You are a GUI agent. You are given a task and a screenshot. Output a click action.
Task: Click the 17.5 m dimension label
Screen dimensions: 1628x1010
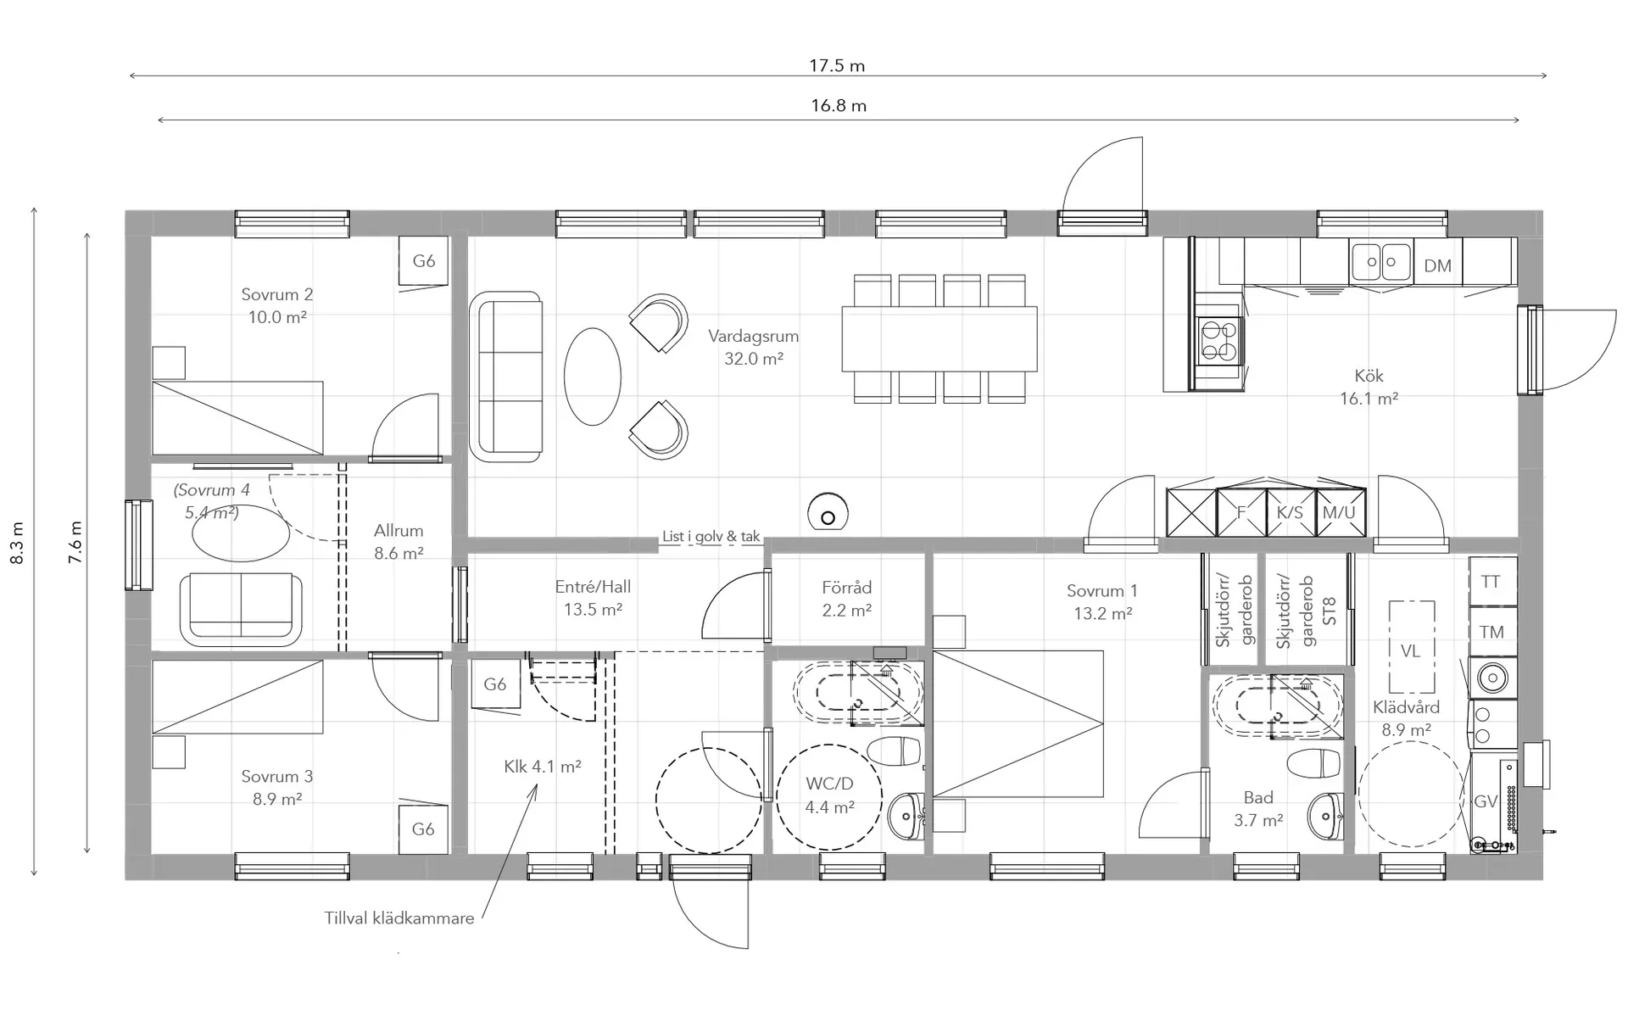point(836,65)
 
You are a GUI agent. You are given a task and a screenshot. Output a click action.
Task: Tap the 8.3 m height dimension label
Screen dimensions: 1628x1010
point(18,542)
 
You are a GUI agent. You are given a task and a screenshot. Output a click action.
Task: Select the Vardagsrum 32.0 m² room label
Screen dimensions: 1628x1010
point(754,347)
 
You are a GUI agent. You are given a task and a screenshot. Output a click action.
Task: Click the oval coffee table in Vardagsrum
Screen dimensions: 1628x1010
point(593,377)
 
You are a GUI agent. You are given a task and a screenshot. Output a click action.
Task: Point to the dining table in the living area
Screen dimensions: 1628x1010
point(939,339)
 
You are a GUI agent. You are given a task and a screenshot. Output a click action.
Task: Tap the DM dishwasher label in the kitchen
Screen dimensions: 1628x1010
point(1437,265)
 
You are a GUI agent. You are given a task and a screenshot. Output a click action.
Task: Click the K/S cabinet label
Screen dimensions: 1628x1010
point(1290,513)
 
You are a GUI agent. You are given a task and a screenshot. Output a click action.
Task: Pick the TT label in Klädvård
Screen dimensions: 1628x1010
point(1491,582)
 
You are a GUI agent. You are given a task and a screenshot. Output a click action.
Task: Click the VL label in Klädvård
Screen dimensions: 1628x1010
point(1410,651)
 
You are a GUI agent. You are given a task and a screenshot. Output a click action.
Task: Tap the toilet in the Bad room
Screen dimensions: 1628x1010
point(1314,762)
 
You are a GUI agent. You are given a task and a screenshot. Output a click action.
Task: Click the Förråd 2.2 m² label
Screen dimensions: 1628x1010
point(846,599)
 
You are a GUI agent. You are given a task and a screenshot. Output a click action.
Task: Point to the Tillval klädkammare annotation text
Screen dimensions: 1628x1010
point(399,918)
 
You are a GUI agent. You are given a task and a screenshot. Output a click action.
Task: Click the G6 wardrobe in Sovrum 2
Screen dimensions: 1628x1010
point(424,261)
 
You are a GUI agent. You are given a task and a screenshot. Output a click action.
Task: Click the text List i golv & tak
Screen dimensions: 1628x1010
point(711,537)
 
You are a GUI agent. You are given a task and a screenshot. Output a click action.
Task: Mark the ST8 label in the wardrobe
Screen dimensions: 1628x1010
point(1329,611)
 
